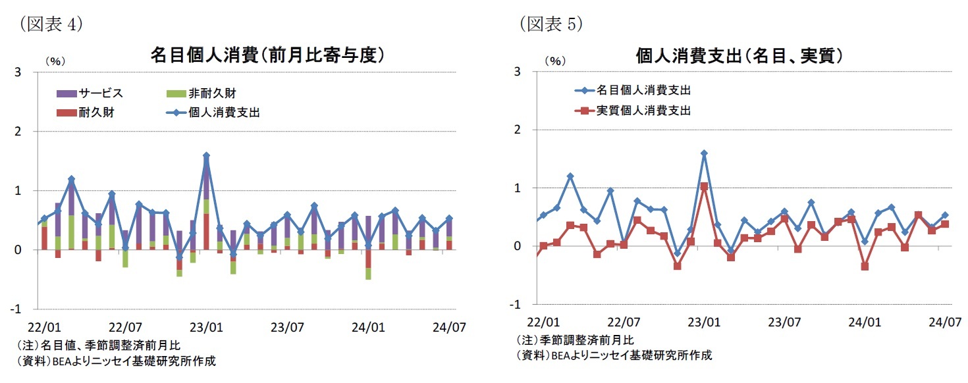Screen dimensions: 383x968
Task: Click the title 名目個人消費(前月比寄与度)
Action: click(x=267, y=55)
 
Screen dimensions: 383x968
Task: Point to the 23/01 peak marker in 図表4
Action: click(x=206, y=156)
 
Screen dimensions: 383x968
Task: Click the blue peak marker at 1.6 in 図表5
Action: click(x=704, y=153)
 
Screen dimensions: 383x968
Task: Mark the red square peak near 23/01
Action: click(x=704, y=186)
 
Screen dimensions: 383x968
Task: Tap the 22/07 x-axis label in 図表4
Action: click(x=124, y=326)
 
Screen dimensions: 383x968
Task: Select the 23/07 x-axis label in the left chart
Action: click(x=286, y=326)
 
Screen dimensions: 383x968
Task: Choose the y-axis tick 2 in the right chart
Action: click(x=518, y=130)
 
